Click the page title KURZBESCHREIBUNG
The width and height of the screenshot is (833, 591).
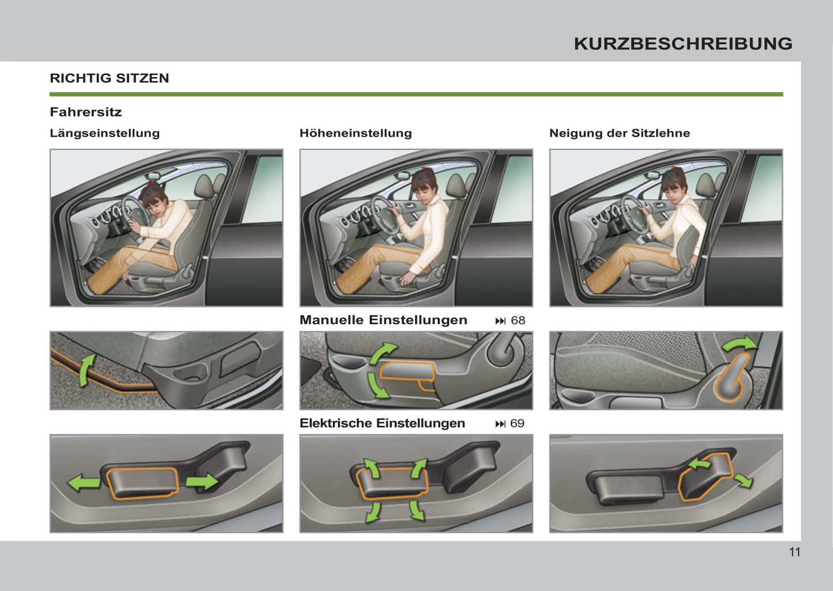683,44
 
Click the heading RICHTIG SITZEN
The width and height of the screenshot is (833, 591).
110,78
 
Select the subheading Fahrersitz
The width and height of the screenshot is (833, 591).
86,112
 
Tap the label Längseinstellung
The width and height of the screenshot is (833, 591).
105,133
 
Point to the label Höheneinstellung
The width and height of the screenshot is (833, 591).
356,133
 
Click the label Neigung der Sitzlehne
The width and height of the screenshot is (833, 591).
620,133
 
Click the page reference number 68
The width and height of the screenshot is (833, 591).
518,320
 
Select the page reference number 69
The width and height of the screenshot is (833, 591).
517,423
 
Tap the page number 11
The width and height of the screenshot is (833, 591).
795,552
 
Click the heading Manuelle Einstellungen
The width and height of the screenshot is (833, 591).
383,320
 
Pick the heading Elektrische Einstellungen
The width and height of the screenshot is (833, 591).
382,423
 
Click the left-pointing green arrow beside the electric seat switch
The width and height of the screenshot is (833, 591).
84,483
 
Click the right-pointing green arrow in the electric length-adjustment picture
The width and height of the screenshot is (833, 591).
202,482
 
